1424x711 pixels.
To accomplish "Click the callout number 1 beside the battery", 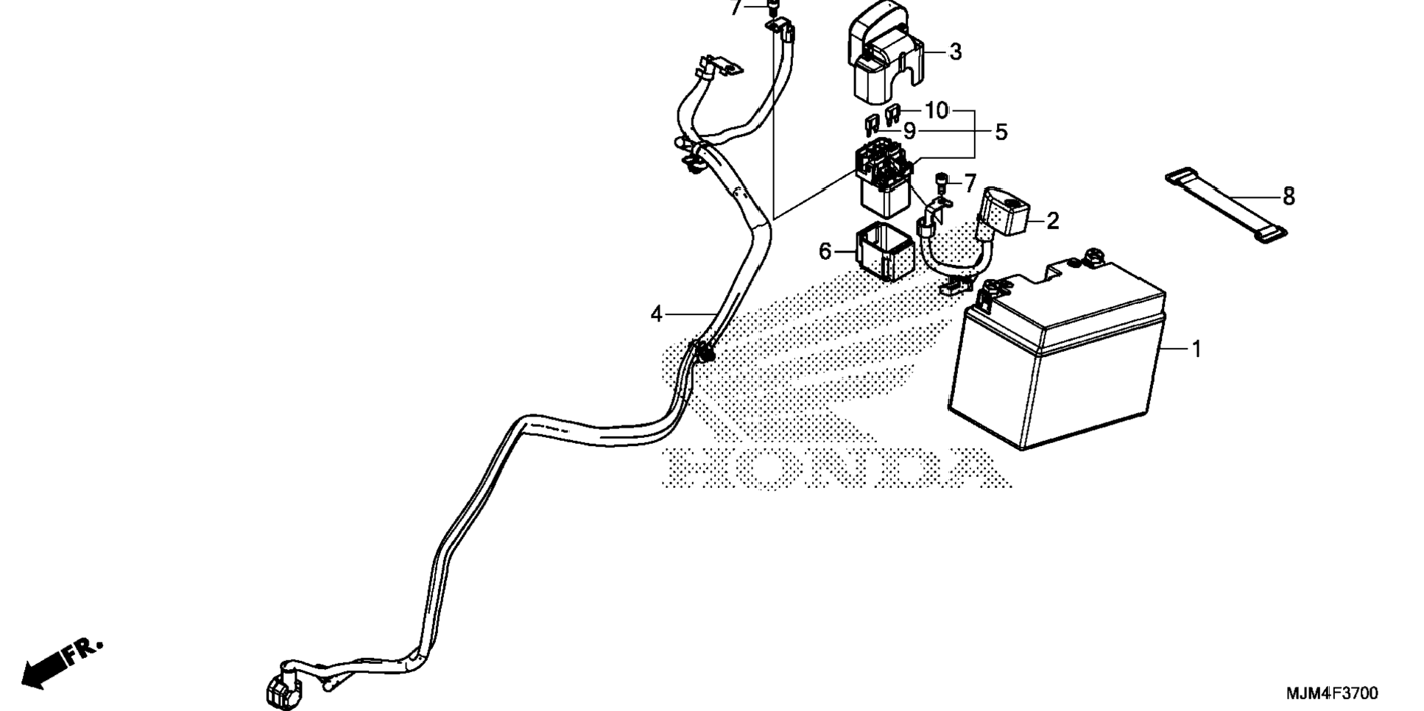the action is pos(1196,349).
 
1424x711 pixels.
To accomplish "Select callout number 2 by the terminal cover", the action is pos(1052,220).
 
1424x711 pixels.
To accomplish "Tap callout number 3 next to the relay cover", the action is pos(955,52).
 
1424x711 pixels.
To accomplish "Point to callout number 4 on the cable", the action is pos(657,314).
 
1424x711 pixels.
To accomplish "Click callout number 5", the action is pos(1001,132).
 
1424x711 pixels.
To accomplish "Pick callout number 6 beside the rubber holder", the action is pos(825,252).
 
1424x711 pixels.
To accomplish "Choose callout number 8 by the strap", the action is pos(1289,197).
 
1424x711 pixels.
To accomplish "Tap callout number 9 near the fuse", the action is pos(909,132).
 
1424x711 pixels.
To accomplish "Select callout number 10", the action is pos(937,110).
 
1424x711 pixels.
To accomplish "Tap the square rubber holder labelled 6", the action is pos(884,254).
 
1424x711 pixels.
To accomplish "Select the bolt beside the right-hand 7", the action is pos(942,180).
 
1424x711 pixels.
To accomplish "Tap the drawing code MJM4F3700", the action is pos(1332,693).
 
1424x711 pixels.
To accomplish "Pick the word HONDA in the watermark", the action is pos(836,467).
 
